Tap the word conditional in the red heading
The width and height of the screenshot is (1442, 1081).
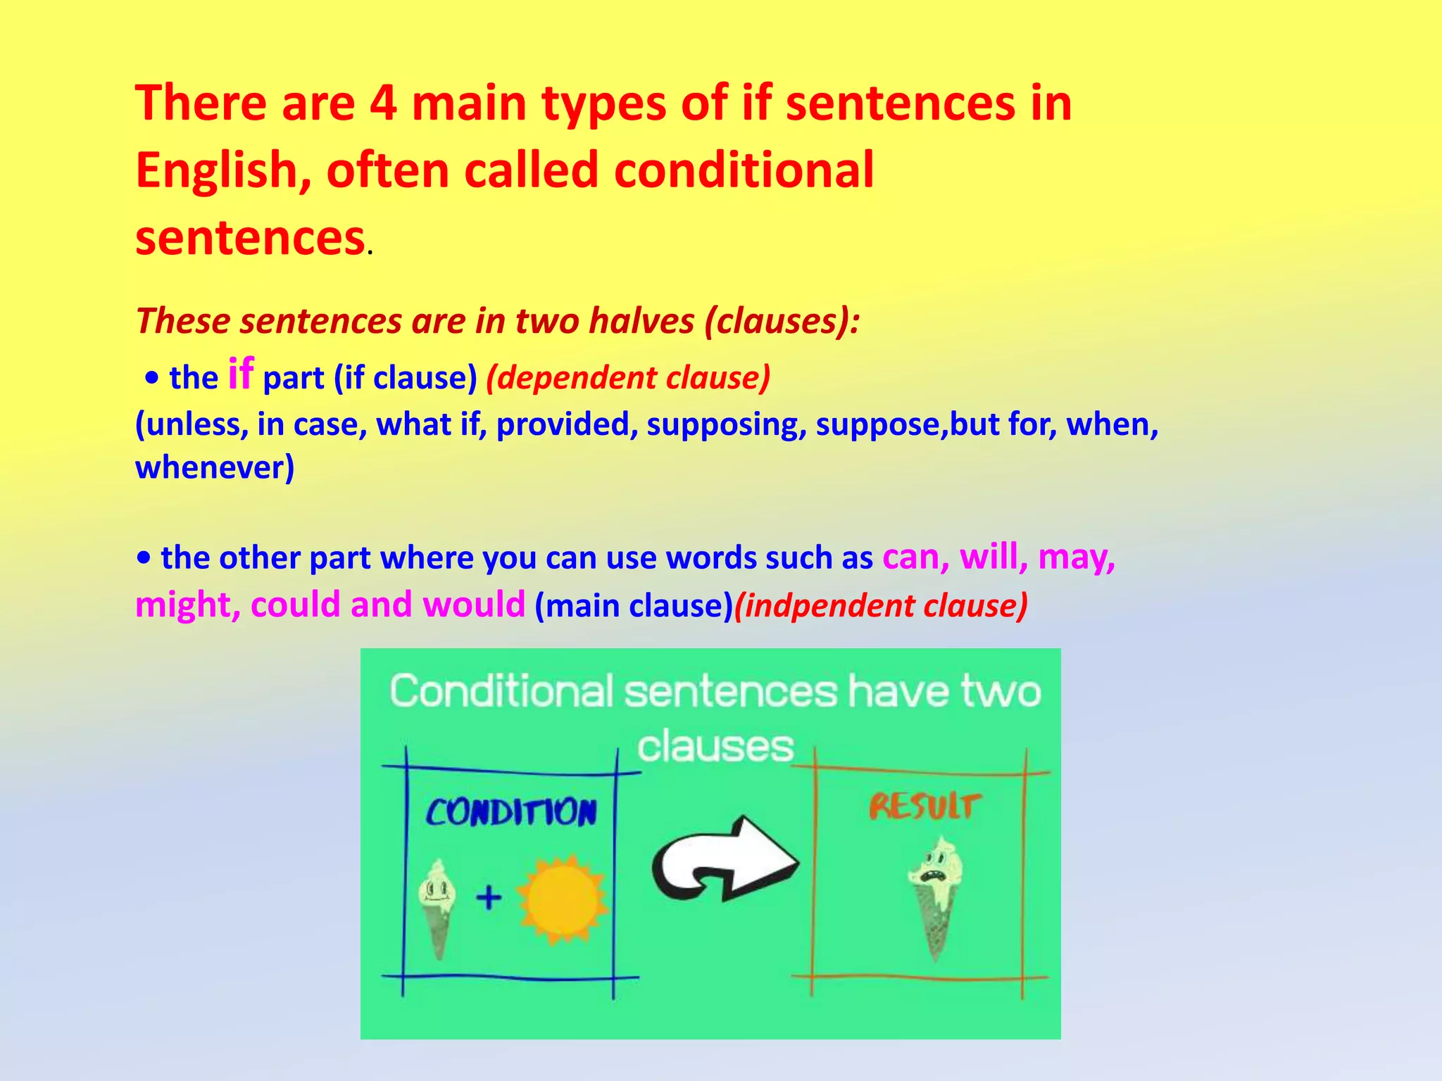pos(744,170)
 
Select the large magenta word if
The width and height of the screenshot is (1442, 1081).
pos(240,374)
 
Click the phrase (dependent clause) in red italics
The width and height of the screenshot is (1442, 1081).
pos(628,378)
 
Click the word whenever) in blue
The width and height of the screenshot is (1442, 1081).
pos(215,468)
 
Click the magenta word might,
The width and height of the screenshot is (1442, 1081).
pos(188,605)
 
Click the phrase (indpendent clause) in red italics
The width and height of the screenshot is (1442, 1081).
pos(880,606)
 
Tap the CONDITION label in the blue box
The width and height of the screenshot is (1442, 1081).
pos(511,813)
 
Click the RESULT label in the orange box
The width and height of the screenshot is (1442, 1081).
pos(924,807)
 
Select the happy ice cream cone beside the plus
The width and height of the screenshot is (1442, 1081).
pos(437,908)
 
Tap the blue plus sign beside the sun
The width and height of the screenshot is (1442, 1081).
pos(489,898)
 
